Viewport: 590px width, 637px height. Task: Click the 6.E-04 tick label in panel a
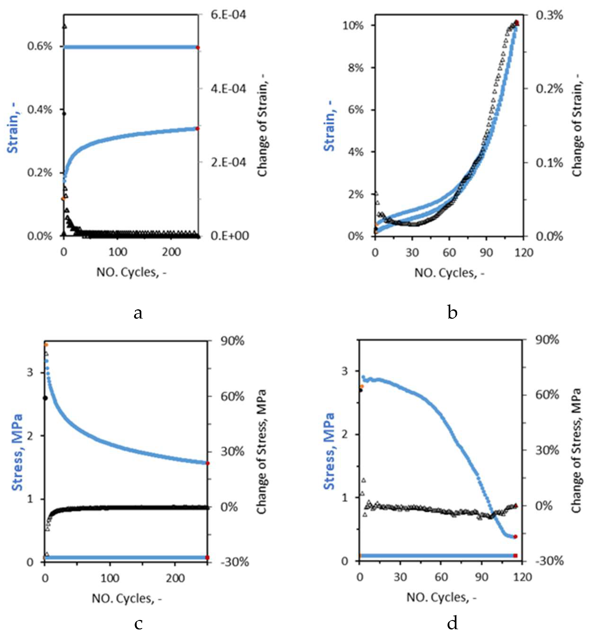pos(228,15)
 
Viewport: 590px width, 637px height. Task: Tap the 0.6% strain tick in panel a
pos(39,46)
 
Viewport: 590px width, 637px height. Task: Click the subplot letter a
pos(138,313)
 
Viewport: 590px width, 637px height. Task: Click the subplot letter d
pos(452,623)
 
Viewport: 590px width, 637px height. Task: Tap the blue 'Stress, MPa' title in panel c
pos(17,452)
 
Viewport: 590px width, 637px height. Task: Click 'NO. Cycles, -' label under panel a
pos(131,272)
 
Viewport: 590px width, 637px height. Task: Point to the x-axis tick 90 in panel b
pos(486,253)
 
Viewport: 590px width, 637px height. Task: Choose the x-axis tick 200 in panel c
pos(175,578)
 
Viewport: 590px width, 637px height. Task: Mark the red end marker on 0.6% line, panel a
pos(198,48)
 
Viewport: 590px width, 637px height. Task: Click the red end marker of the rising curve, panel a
pos(197,128)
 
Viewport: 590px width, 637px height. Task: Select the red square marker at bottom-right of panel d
pos(515,556)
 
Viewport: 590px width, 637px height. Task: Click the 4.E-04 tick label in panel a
pos(228,89)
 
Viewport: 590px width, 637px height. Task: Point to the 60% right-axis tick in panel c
pos(232,397)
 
